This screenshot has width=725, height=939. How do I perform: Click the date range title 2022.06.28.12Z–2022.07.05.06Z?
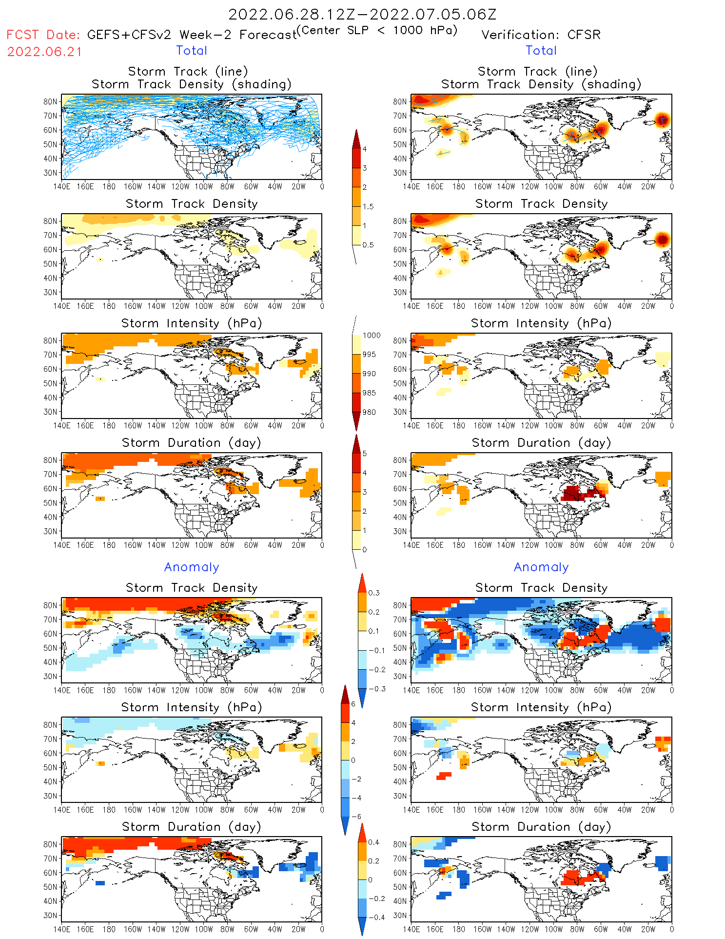click(x=362, y=15)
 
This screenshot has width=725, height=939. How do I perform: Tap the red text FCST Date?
click(x=43, y=35)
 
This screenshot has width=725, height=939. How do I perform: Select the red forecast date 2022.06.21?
click(x=45, y=52)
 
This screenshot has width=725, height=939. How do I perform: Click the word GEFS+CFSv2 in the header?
click(x=129, y=35)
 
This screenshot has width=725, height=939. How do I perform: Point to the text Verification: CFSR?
click(x=541, y=35)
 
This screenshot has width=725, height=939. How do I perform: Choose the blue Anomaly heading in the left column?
click(x=192, y=567)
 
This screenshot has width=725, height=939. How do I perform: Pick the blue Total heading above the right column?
click(x=541, y=51)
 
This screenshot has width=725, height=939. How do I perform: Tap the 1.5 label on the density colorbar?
click(x=368, y=207)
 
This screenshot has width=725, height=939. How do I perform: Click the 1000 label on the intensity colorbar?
click(x=371, y=336)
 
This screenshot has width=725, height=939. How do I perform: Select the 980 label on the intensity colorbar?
click(x=369, y=412)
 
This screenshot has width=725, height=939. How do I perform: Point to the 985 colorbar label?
click(x=369, y=393)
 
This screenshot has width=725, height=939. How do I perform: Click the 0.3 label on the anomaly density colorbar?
click(x=373, y=593)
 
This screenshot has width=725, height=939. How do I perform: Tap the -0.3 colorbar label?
click(x=376, y=689)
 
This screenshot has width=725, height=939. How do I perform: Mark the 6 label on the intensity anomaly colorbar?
click(x=353, y=704)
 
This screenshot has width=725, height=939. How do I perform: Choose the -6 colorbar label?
click(x=356, y=817)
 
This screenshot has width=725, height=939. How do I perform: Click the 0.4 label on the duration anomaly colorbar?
click(x=373, y=842)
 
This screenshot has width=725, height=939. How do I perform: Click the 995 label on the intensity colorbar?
click(x=369, y=355)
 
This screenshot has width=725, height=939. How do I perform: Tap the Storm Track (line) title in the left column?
click(x=188, y=72)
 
